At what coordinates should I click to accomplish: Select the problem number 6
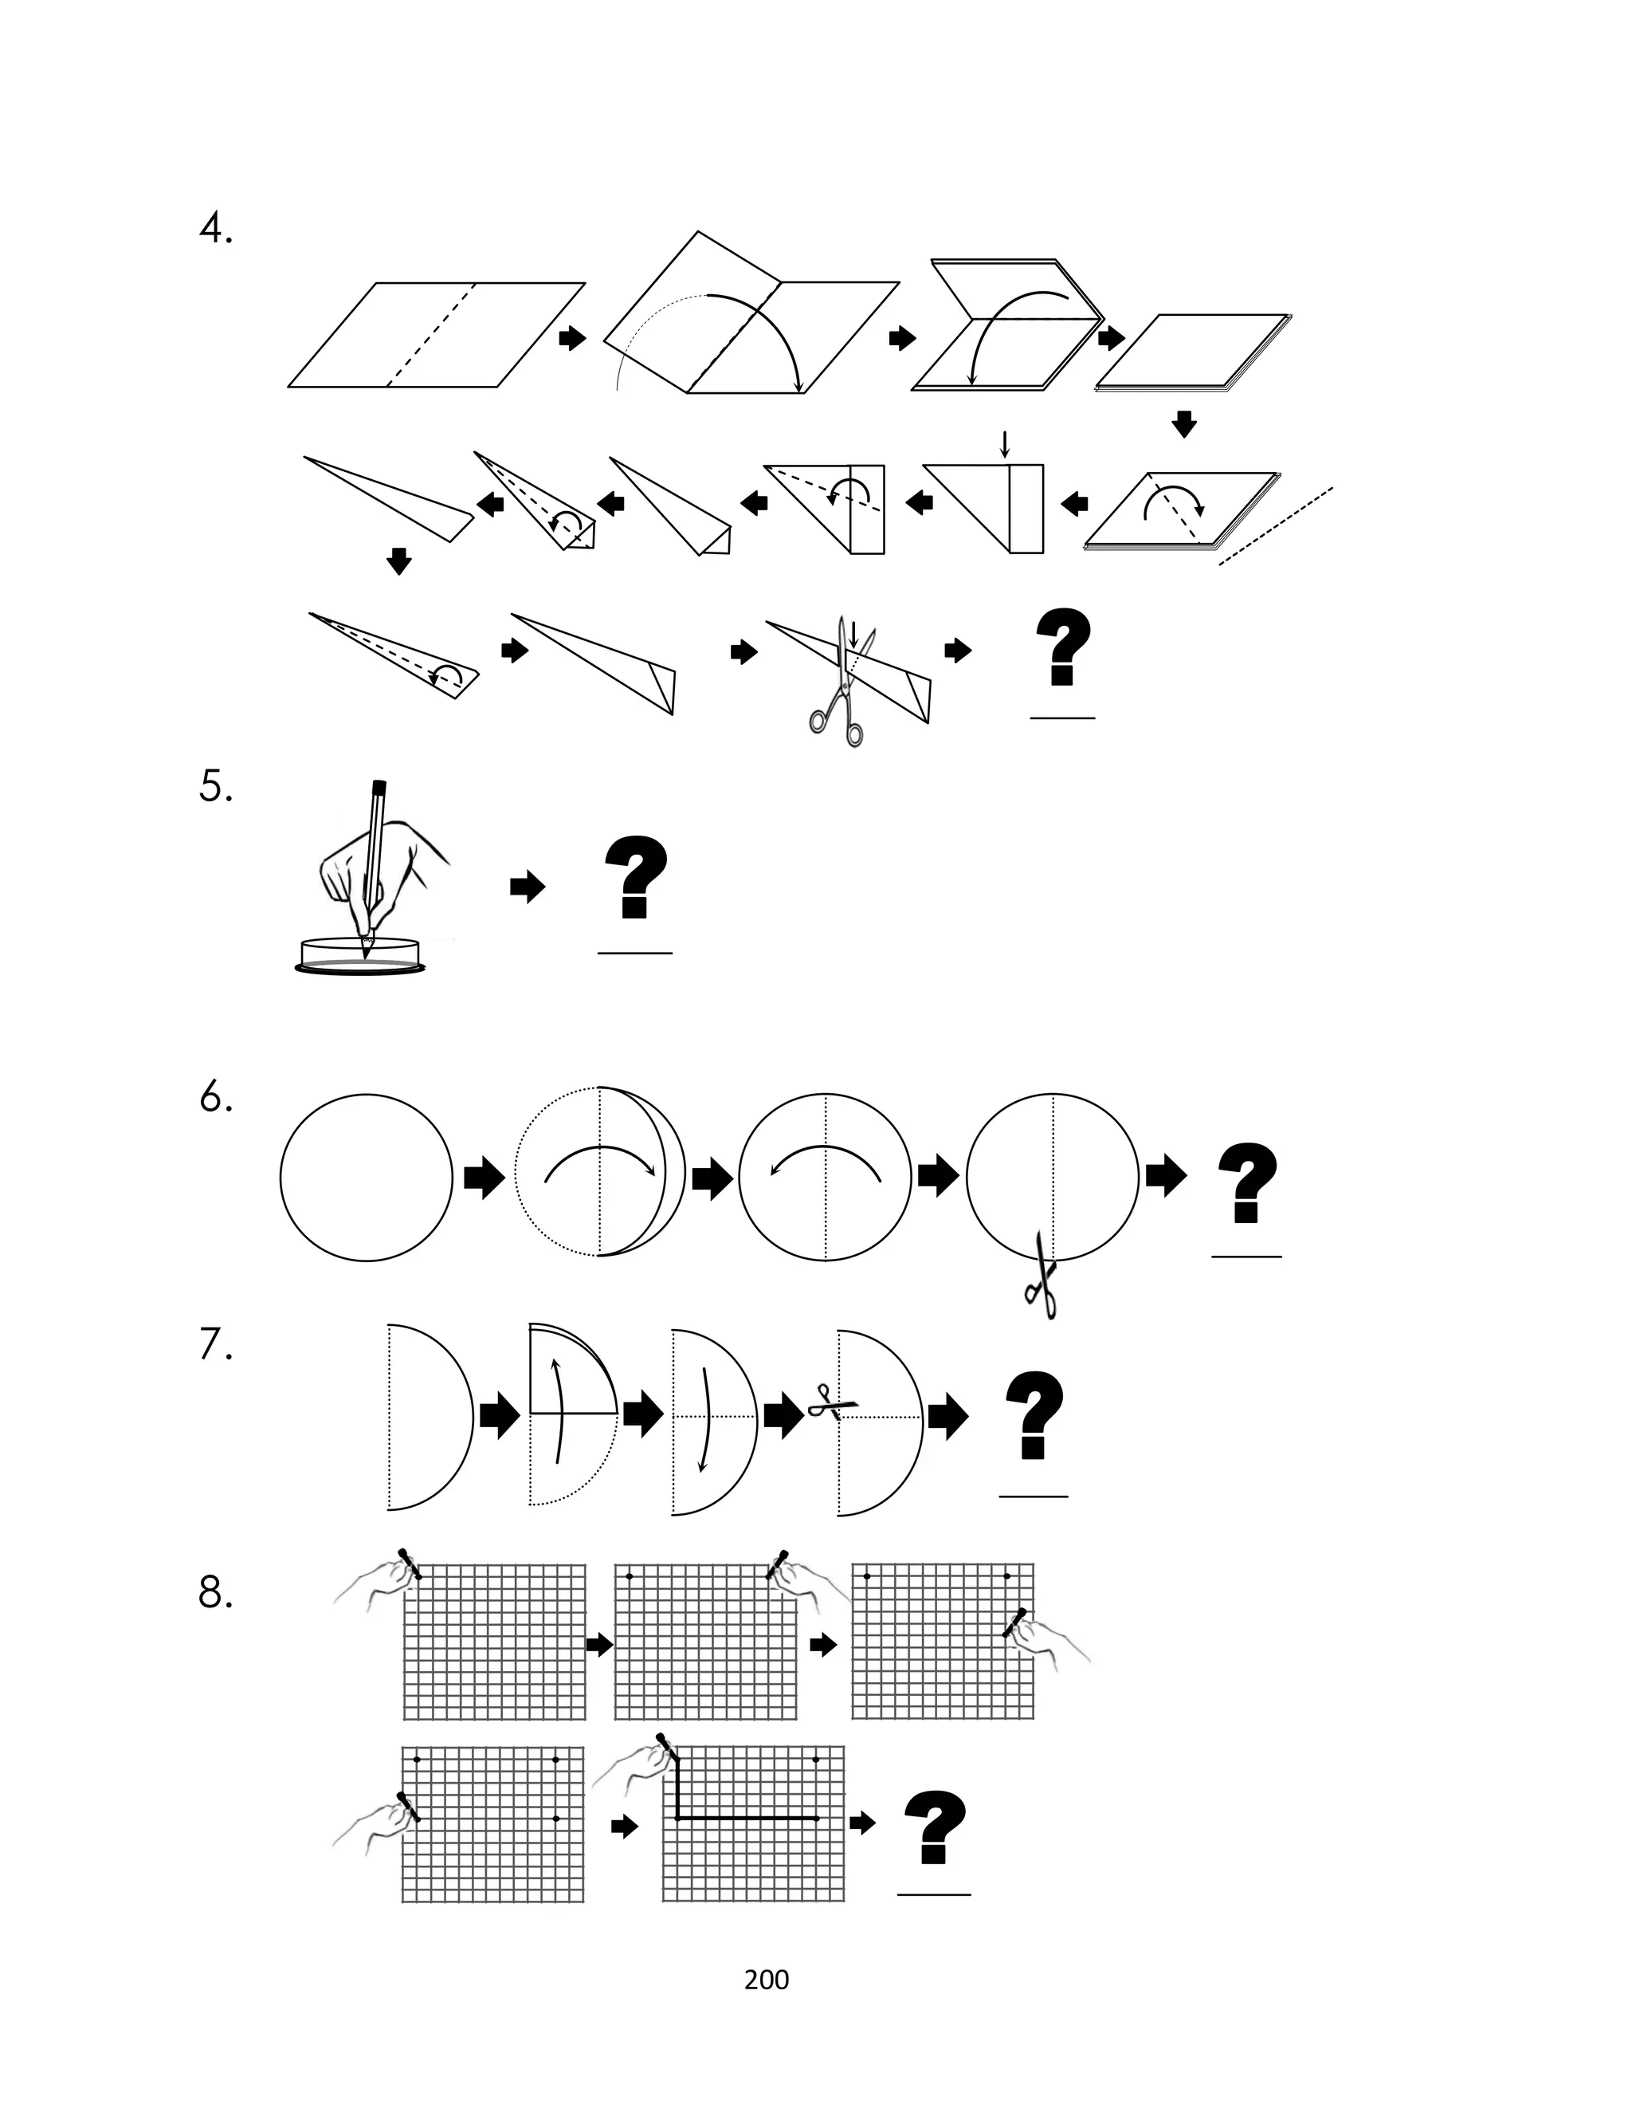[x=216, y=1097]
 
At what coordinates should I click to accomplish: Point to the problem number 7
[x=216, y=1345]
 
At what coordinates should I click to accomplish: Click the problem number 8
[x=216, y=1592]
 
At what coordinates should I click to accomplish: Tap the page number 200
[x=767, y=1980]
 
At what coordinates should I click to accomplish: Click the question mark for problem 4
[x=1063, y=646]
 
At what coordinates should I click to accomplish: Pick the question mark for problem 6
[x=1247, y=1182]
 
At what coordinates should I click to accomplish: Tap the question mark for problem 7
[x=1034, y=1414]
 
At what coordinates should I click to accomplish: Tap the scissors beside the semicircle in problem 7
[x=833, y=1404]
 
